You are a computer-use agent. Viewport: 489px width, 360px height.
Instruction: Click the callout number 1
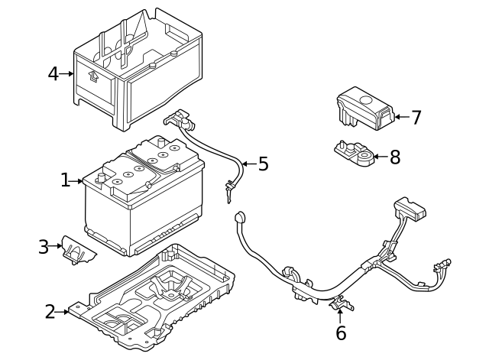pos(66,180)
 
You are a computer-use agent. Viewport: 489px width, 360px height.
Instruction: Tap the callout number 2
pos(50,312)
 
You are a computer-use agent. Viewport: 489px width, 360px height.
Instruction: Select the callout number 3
pos(44,247)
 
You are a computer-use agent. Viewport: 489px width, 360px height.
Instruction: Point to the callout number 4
pos(53,74)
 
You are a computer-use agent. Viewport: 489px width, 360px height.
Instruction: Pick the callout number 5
pos(263,164)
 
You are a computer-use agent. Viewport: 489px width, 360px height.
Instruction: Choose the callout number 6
pos(341,333)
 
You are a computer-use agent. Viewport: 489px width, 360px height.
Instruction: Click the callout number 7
pos(416,118)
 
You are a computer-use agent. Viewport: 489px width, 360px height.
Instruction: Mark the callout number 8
pos(394,157)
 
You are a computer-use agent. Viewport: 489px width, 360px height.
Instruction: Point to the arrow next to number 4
pos(68,74)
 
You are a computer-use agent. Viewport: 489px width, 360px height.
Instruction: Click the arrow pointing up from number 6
pos(341,316)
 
